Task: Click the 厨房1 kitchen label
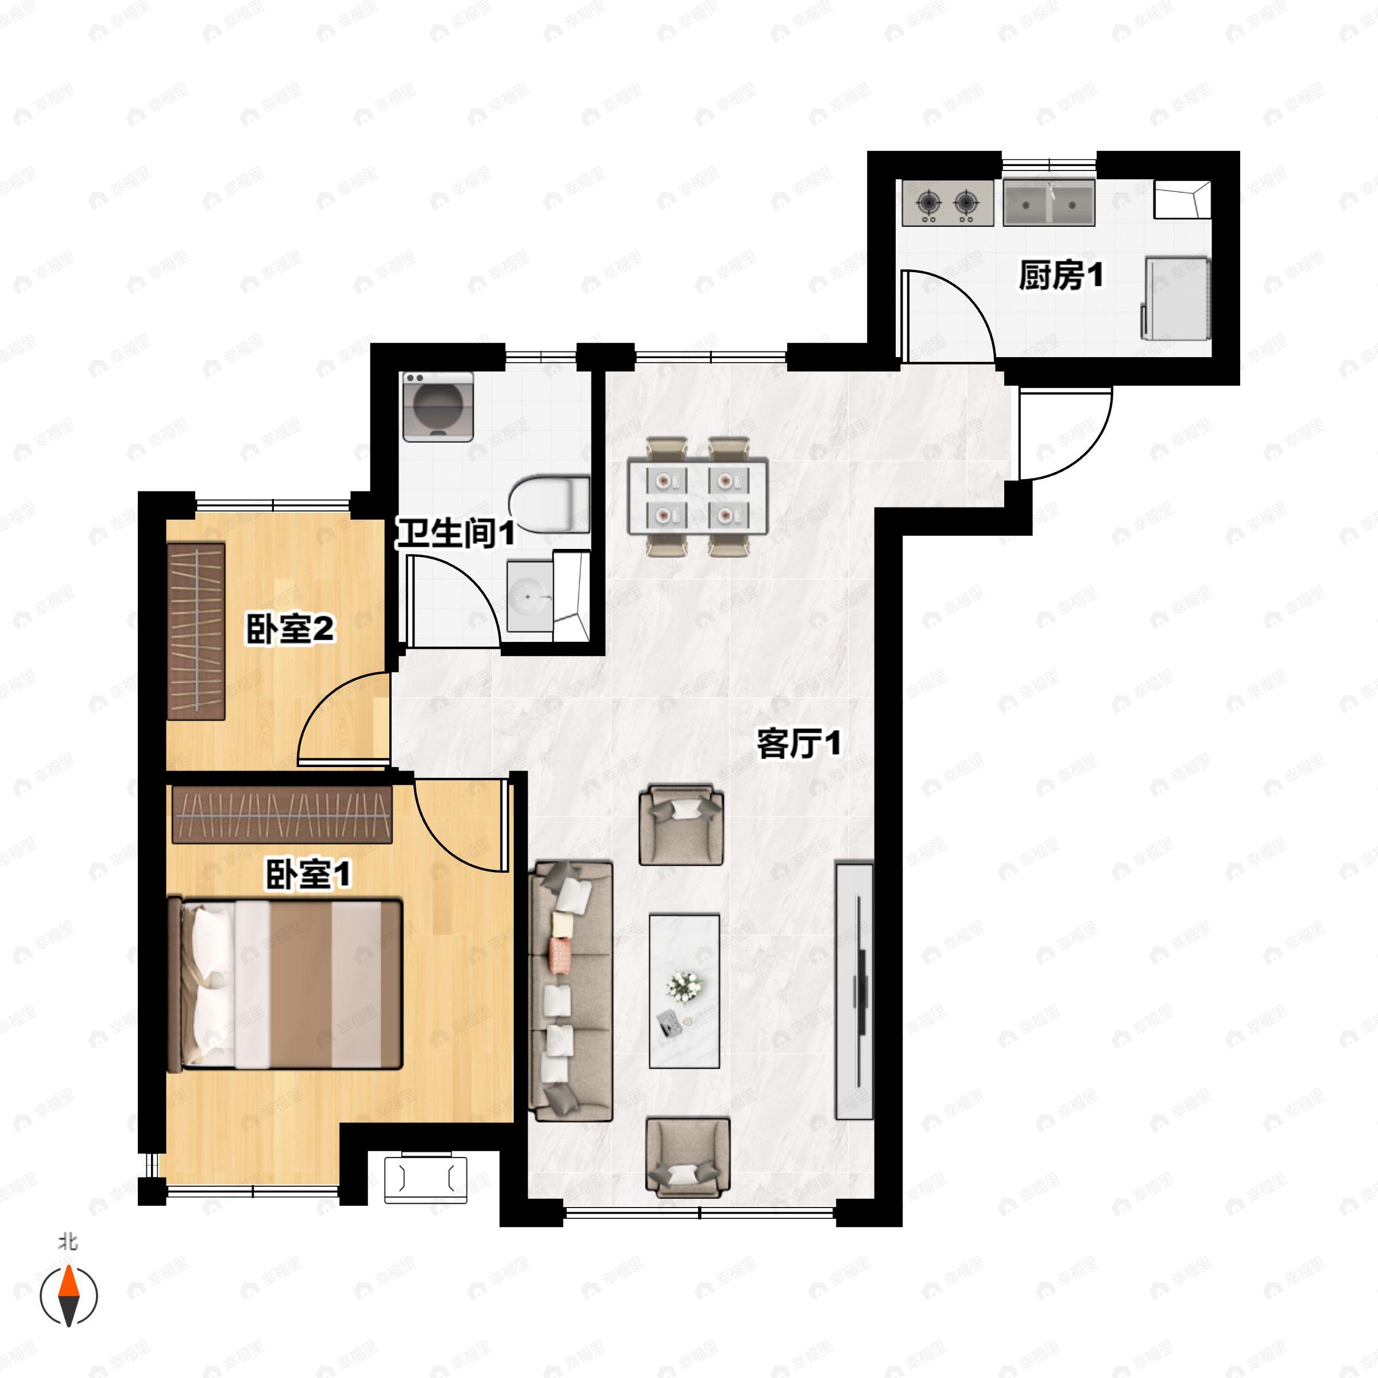tap(1060, 276)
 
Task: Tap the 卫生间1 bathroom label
tap(455, 533)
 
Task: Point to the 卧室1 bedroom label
tap(308, 874)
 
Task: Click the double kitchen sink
tap(1048, 203)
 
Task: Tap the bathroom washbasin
tap(529, 595)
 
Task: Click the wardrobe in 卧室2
tap(196, 630)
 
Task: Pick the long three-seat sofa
tap(571, 992)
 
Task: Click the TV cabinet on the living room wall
tap(854, 992)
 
